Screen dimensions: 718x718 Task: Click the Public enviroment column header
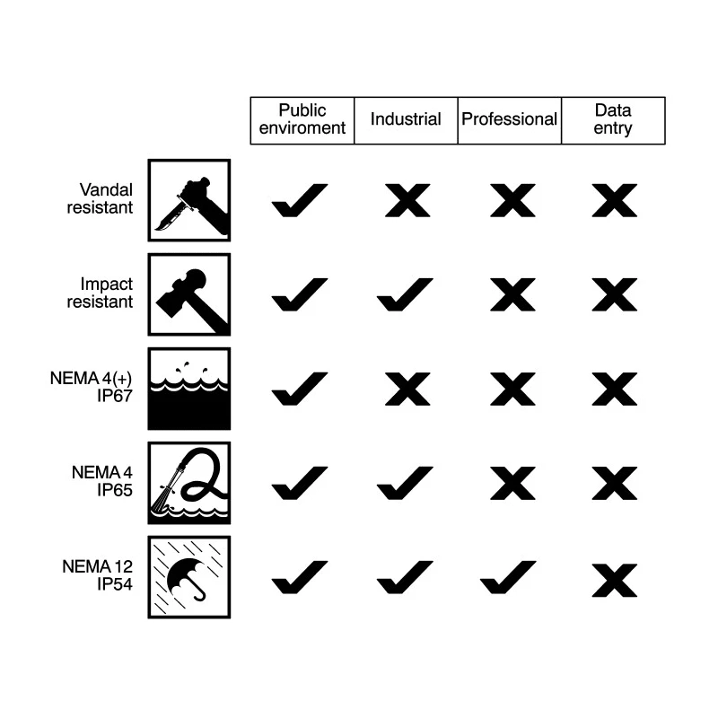(x=302, y=119)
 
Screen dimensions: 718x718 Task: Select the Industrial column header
(x=406, y=119)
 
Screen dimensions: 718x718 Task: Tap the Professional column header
(x=509, y=119)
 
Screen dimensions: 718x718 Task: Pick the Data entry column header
(x=613, y=119)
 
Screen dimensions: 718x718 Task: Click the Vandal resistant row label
(x=100, y=198)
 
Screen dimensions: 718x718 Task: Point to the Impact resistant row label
(x=100, y=293)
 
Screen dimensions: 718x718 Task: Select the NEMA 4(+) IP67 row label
(x=92, y=387)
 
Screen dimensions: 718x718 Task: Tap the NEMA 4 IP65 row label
(x=102, y=481)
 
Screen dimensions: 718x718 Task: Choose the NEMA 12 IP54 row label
(x=98, y=575)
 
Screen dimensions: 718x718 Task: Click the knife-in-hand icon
(x=189, y=200)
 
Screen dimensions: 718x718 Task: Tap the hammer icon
(x=189, y=294)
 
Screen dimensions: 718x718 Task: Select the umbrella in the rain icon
(x=189, y=577)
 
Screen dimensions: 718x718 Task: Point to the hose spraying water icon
(x=189, y=483)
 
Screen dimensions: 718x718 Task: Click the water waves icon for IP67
(x=189, y=389)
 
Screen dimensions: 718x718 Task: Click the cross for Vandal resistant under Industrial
(x=407, y=200)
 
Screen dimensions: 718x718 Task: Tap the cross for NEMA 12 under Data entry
(x=615, y=580)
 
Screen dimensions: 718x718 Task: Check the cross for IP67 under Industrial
(x=407, y=390)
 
